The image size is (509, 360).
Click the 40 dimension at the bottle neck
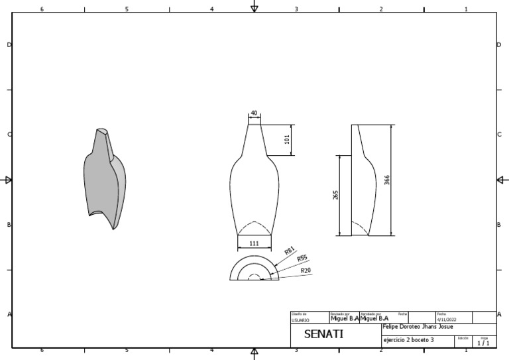click(254, 113)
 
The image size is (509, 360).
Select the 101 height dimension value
click(287, 140)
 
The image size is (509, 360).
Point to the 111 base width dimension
click(254, 243)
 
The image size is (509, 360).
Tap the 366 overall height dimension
click(386, 180)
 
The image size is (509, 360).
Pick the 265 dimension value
click(335, 195)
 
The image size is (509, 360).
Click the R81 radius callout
click(289, 252)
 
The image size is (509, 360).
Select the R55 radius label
click(302, 259)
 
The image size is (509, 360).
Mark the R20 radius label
click(306, 270)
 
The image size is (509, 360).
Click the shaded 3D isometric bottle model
click(105, 178)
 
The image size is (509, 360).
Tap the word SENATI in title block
click(323, 334)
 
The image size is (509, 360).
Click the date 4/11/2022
click(447, 320)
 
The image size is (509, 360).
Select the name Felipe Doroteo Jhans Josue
click(418, 327)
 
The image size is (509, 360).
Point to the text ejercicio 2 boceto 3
click(408, 340)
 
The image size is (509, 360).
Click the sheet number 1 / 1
click(483, 343)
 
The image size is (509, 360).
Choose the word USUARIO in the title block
click(300, 320)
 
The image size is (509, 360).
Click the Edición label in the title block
click(463, 338)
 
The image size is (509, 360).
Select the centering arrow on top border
click(254, 7)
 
